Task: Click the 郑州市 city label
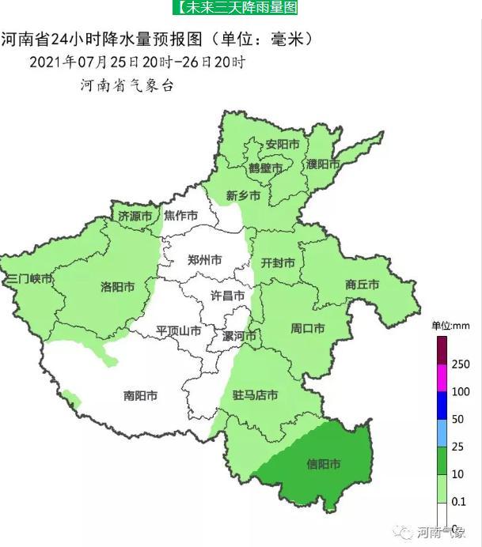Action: point(204,259)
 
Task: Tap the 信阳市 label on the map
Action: point(323,464)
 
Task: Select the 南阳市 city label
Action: point(140,395)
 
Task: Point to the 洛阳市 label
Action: point(118,285)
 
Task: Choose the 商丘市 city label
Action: point(362,284)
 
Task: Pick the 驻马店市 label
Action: point(255,394)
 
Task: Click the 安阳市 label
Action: point(282,145)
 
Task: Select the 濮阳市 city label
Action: point(323,164)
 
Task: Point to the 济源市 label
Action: point(135,215)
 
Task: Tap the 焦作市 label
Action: point(180,215)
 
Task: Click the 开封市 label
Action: point(278,262)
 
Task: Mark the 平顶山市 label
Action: point(178,330)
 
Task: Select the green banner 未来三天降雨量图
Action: point(235,8)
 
